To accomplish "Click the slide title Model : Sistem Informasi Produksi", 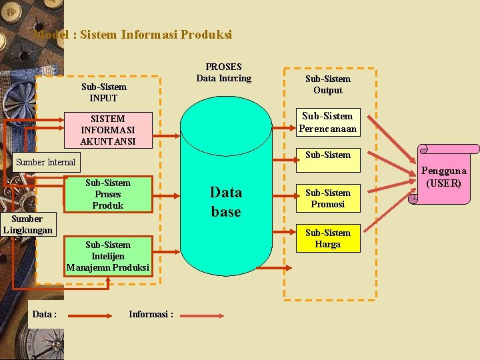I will pyautogui.click(x=133, y=34).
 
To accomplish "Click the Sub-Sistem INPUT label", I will pyautogui.click(x=103, y=92).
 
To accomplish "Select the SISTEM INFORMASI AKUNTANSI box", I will pyautogui.click(x=107, y=130).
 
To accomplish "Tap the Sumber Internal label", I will pyautogui.click(x=46, y=162).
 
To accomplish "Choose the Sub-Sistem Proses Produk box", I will pyautogui.click(x=108, y=194).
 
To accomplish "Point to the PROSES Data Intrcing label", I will pyautogui.click(x=224, y=73).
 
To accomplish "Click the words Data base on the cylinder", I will pyautogui.click(x=226, y=202).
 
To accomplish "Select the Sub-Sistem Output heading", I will pyautogui.click(x=327, y=85).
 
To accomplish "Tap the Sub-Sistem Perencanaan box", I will pyautogui.click(x=327, y=122).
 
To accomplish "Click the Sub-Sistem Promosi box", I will pyautogui.click(x=327, y=199).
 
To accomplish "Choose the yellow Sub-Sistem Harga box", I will pyautogui.click(x=327, y=239).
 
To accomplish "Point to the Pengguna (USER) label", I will pyautogui.click(x=444, y=177).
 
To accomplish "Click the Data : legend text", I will pyautogui.click(x=44, y=314).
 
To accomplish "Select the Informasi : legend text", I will pyautogui.click(x=151, y=314).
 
